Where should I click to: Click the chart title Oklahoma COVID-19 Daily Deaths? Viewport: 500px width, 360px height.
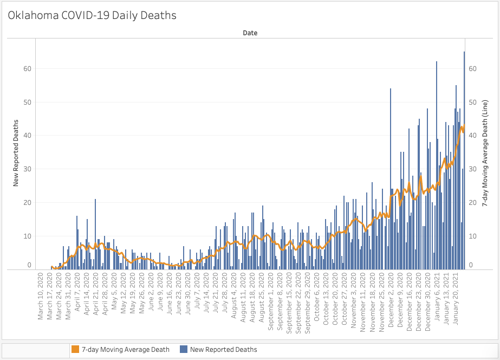pos(92,15)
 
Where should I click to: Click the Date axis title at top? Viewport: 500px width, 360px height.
pos(250,33)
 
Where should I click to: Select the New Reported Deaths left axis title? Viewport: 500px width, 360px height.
pos(16,153)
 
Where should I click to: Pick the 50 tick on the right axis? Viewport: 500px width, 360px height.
pos(472,102)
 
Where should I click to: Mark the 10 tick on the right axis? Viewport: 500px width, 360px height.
pos(472,236)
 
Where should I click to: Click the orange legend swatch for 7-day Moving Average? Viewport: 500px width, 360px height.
pos(75,350)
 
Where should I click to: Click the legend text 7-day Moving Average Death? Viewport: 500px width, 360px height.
pos(126,350)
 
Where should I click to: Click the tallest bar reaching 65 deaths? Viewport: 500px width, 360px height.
pos(464,163)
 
